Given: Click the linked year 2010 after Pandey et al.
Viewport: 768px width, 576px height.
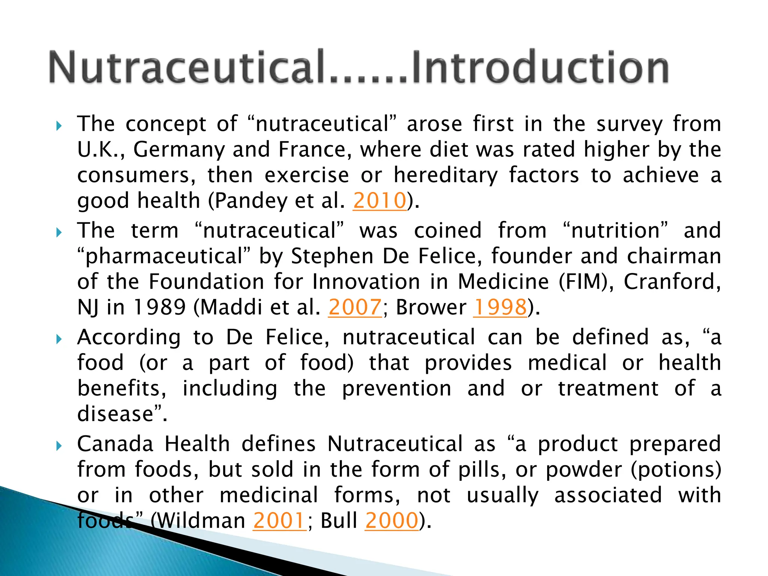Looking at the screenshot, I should (379, 201).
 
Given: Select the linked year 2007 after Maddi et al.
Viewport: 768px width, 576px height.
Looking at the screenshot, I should (355, 307).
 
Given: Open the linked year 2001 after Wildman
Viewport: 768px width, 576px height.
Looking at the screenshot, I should (279, 520).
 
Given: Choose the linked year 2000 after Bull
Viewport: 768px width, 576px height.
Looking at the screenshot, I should (391, 520).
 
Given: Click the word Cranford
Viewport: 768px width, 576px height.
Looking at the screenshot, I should (672, 282).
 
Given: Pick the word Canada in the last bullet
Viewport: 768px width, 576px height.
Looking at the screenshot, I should (115, 444).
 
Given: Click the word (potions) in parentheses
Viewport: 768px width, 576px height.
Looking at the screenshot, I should (676, 469).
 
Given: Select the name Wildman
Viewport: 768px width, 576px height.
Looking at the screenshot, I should (198, 520).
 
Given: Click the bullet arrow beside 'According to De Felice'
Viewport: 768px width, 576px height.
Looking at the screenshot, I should (58, 339).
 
